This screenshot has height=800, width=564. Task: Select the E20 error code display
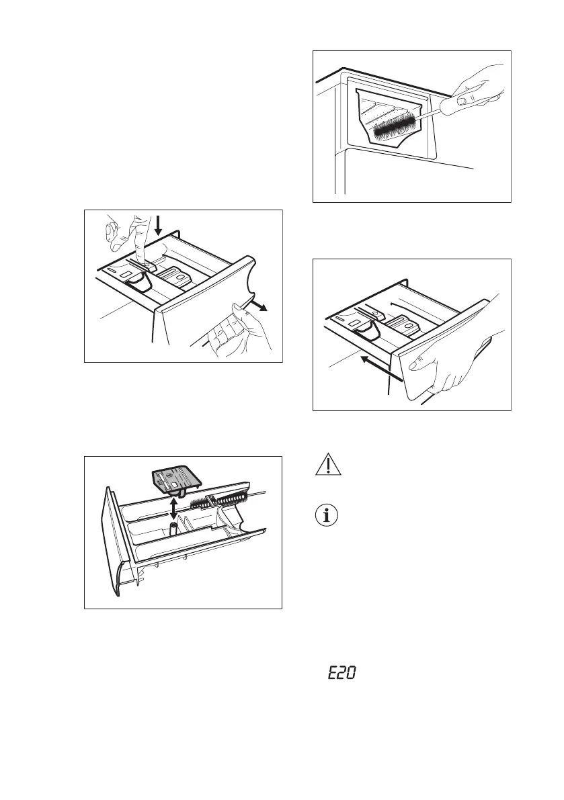[x=341, y=672]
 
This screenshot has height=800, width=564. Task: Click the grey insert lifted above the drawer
[x=175, y=478]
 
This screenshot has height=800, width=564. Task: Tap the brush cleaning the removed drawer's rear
[x=222, y=498]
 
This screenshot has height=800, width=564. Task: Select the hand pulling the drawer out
[x=242, y=332]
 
